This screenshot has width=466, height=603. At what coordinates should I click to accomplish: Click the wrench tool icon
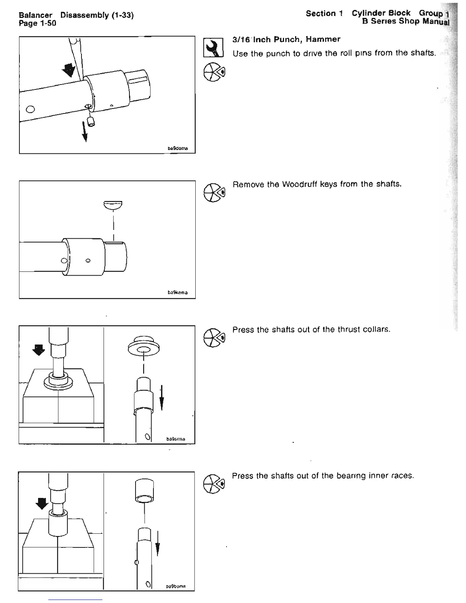tap(213, 48)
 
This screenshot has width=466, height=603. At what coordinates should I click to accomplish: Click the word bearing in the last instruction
tap(354, 476)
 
